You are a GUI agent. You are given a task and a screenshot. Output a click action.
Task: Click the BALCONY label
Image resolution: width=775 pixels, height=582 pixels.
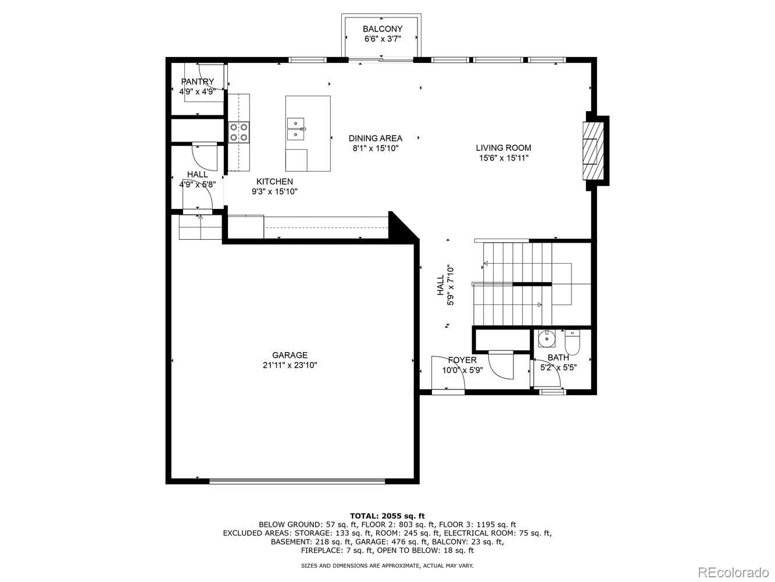[383, 29]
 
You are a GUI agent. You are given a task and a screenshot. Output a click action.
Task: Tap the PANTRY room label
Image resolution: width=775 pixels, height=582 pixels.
[197, 81]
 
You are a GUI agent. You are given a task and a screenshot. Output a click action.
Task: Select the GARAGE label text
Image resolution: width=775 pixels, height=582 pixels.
[290, 355]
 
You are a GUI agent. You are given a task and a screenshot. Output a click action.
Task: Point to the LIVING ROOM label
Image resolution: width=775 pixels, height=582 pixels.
[503, 148]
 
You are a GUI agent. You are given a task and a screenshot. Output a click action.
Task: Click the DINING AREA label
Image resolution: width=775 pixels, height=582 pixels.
[376, 138]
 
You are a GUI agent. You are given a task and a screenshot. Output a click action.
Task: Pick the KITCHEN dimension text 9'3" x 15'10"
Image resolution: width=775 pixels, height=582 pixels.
[274, 191]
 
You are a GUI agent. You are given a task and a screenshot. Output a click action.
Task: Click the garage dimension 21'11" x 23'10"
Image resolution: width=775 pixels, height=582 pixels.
[290, 365]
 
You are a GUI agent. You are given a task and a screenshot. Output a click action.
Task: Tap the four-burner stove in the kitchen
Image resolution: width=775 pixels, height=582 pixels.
[239, 132]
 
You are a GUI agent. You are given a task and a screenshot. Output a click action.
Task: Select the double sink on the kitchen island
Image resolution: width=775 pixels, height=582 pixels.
[296, 129]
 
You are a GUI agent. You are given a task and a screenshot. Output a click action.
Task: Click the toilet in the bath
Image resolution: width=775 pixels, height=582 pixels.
[572, 342]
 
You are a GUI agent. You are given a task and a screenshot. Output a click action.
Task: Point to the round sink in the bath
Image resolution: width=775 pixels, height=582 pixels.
[547, 338]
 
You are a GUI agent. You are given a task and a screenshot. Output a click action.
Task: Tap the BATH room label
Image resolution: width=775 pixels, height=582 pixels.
[558, 357]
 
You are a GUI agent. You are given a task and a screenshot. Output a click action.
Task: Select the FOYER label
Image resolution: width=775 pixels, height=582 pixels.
[462, 360]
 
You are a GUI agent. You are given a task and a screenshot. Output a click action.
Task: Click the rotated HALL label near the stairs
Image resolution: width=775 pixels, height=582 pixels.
[441, 285]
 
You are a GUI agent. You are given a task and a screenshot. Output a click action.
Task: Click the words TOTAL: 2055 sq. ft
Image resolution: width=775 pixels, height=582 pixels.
[387, 516]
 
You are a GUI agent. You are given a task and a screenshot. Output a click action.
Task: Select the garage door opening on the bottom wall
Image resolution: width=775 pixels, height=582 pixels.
[297, 481]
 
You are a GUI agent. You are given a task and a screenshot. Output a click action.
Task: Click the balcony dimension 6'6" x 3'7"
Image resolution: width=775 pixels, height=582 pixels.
[383, 39]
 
